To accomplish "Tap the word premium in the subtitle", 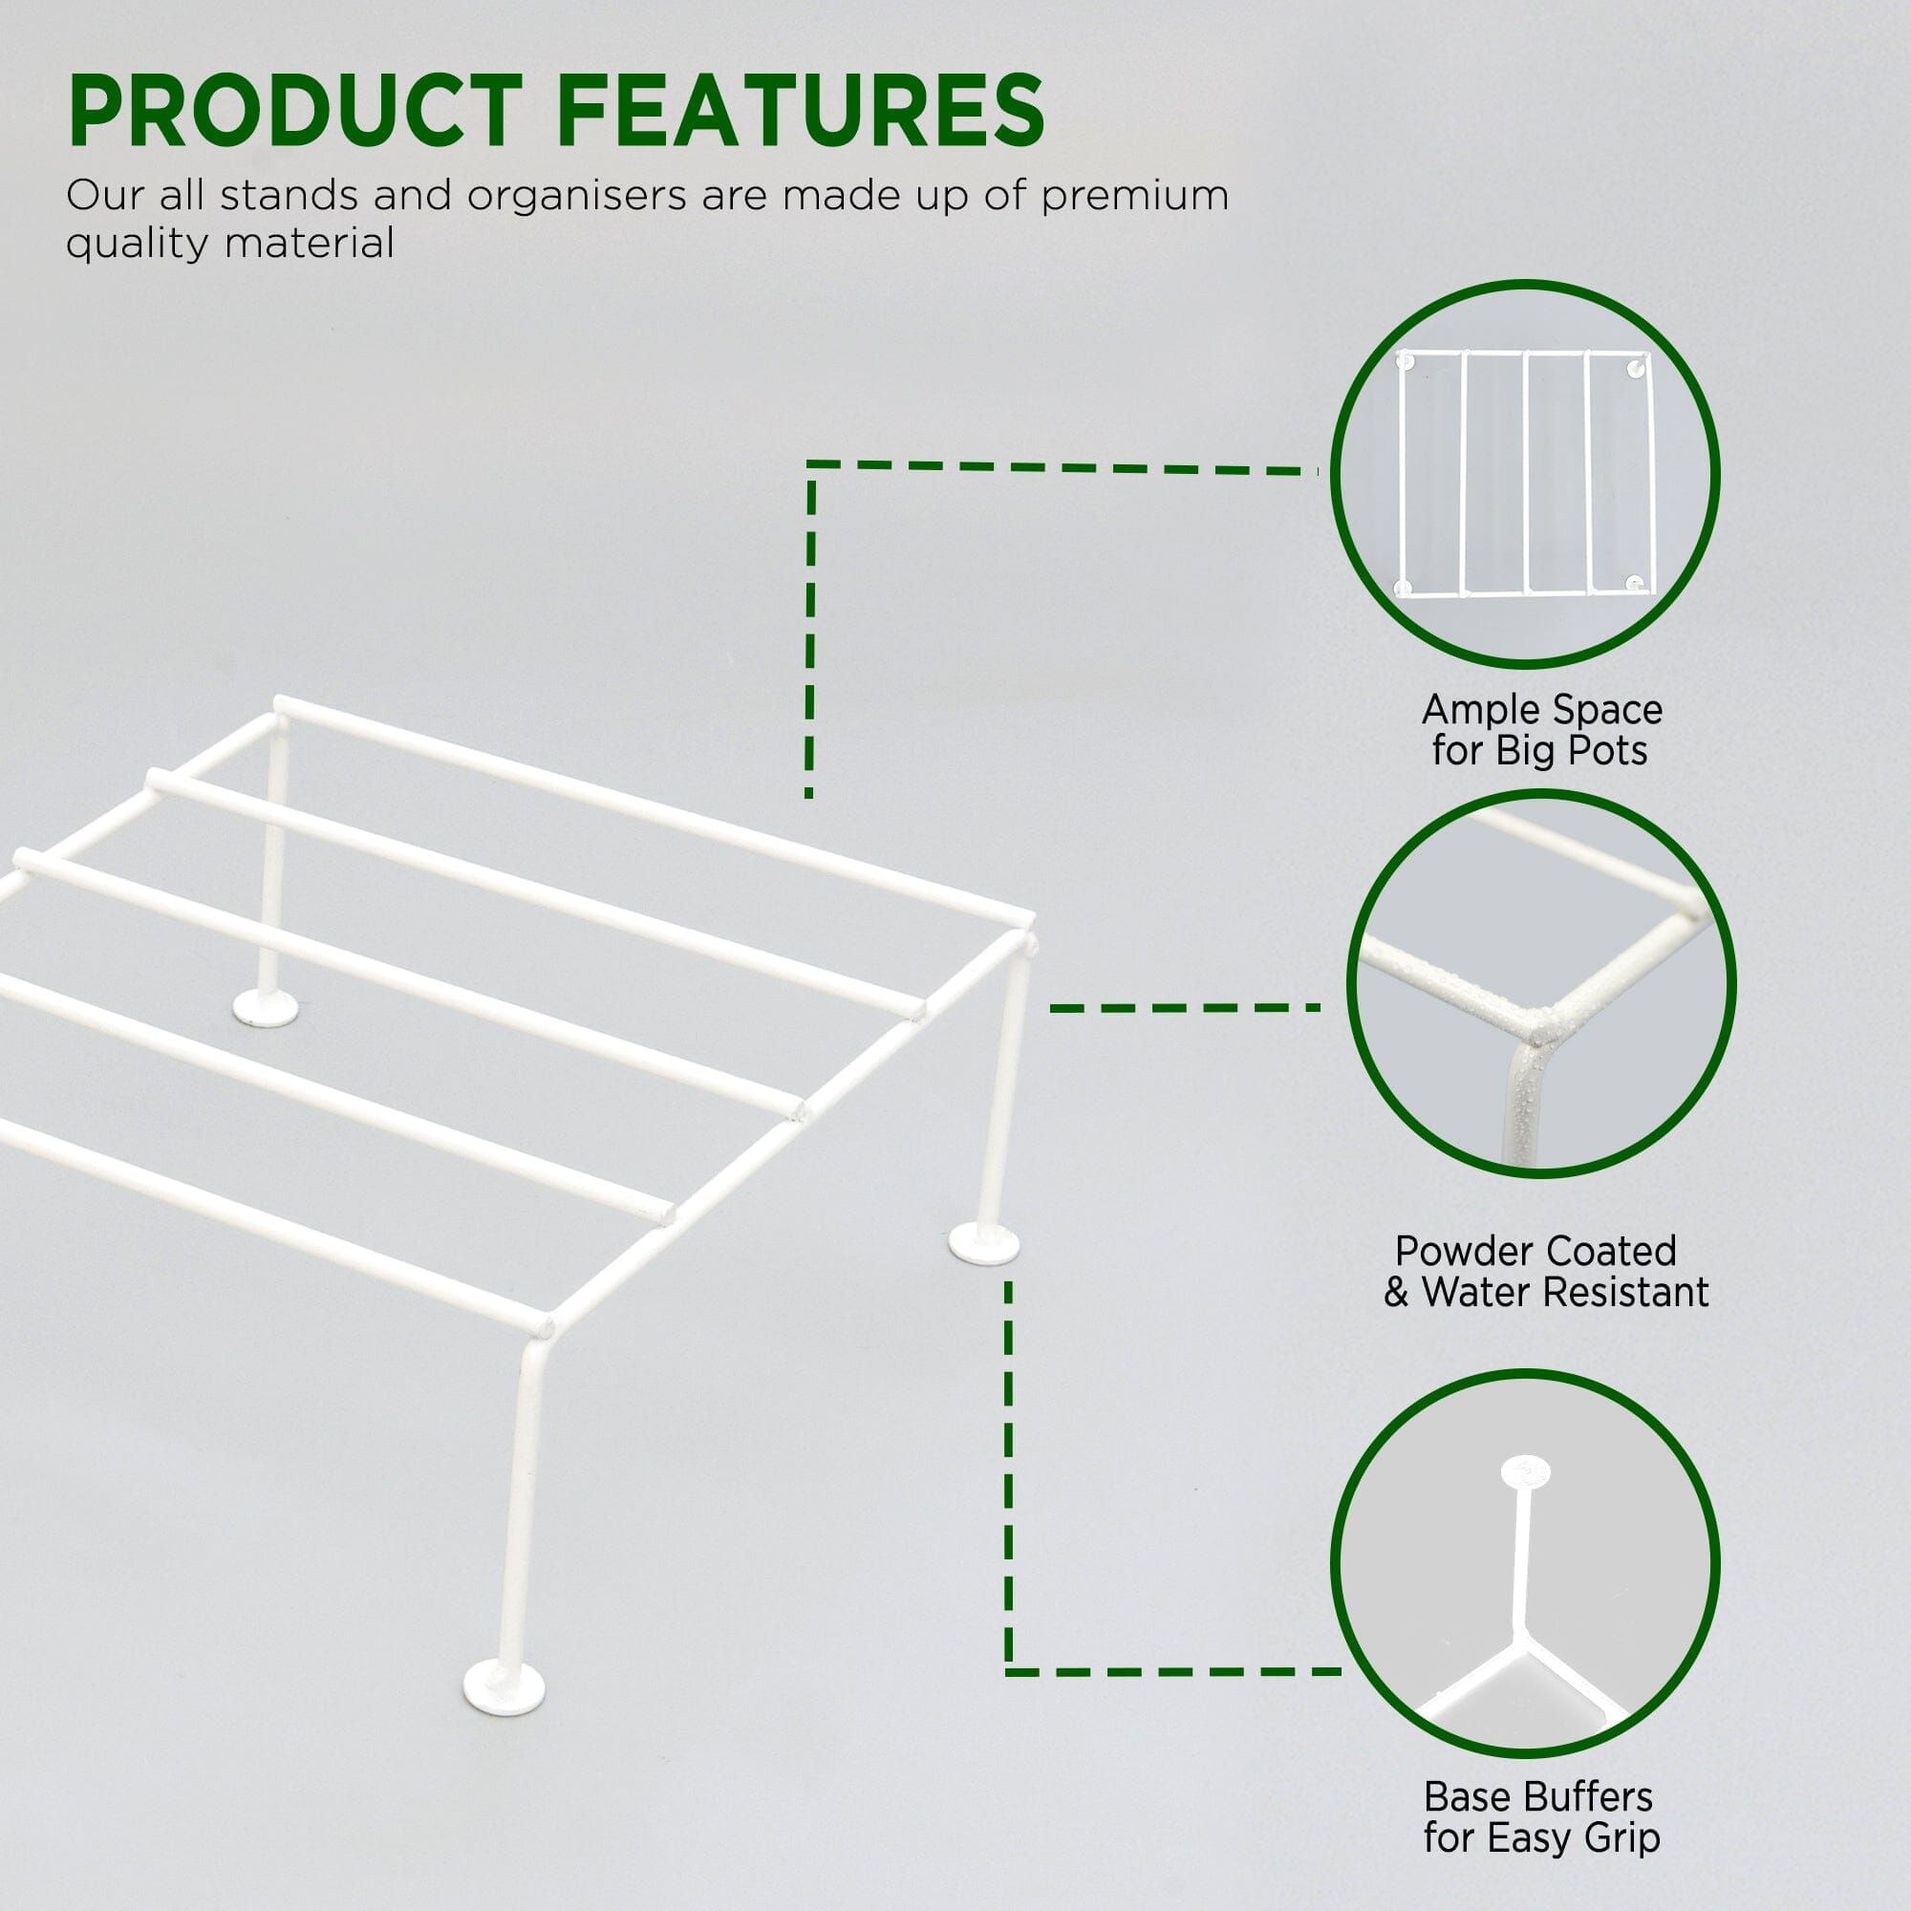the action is [x=1134, y=197].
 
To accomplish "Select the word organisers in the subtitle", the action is [x=577, y=197].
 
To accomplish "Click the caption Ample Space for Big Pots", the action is [x=1541, y=730].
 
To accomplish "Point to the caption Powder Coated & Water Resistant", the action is [x=1545, y=1271].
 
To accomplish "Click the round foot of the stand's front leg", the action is [x=505, y=1686].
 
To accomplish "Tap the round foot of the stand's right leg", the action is [x=983, y=1243].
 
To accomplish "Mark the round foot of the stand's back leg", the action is [x=265, y=1008].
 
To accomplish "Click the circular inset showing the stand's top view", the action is [x=1524, y=473].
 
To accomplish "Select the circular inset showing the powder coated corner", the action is [x=1541, y=984].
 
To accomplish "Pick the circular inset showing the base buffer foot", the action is [x=1524, y=1564].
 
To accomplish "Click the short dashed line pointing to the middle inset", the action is [x=1185, y=1008].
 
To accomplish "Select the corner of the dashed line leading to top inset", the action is [x=811, y=464].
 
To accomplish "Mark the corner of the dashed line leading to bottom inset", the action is [x=1009, y=1671].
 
